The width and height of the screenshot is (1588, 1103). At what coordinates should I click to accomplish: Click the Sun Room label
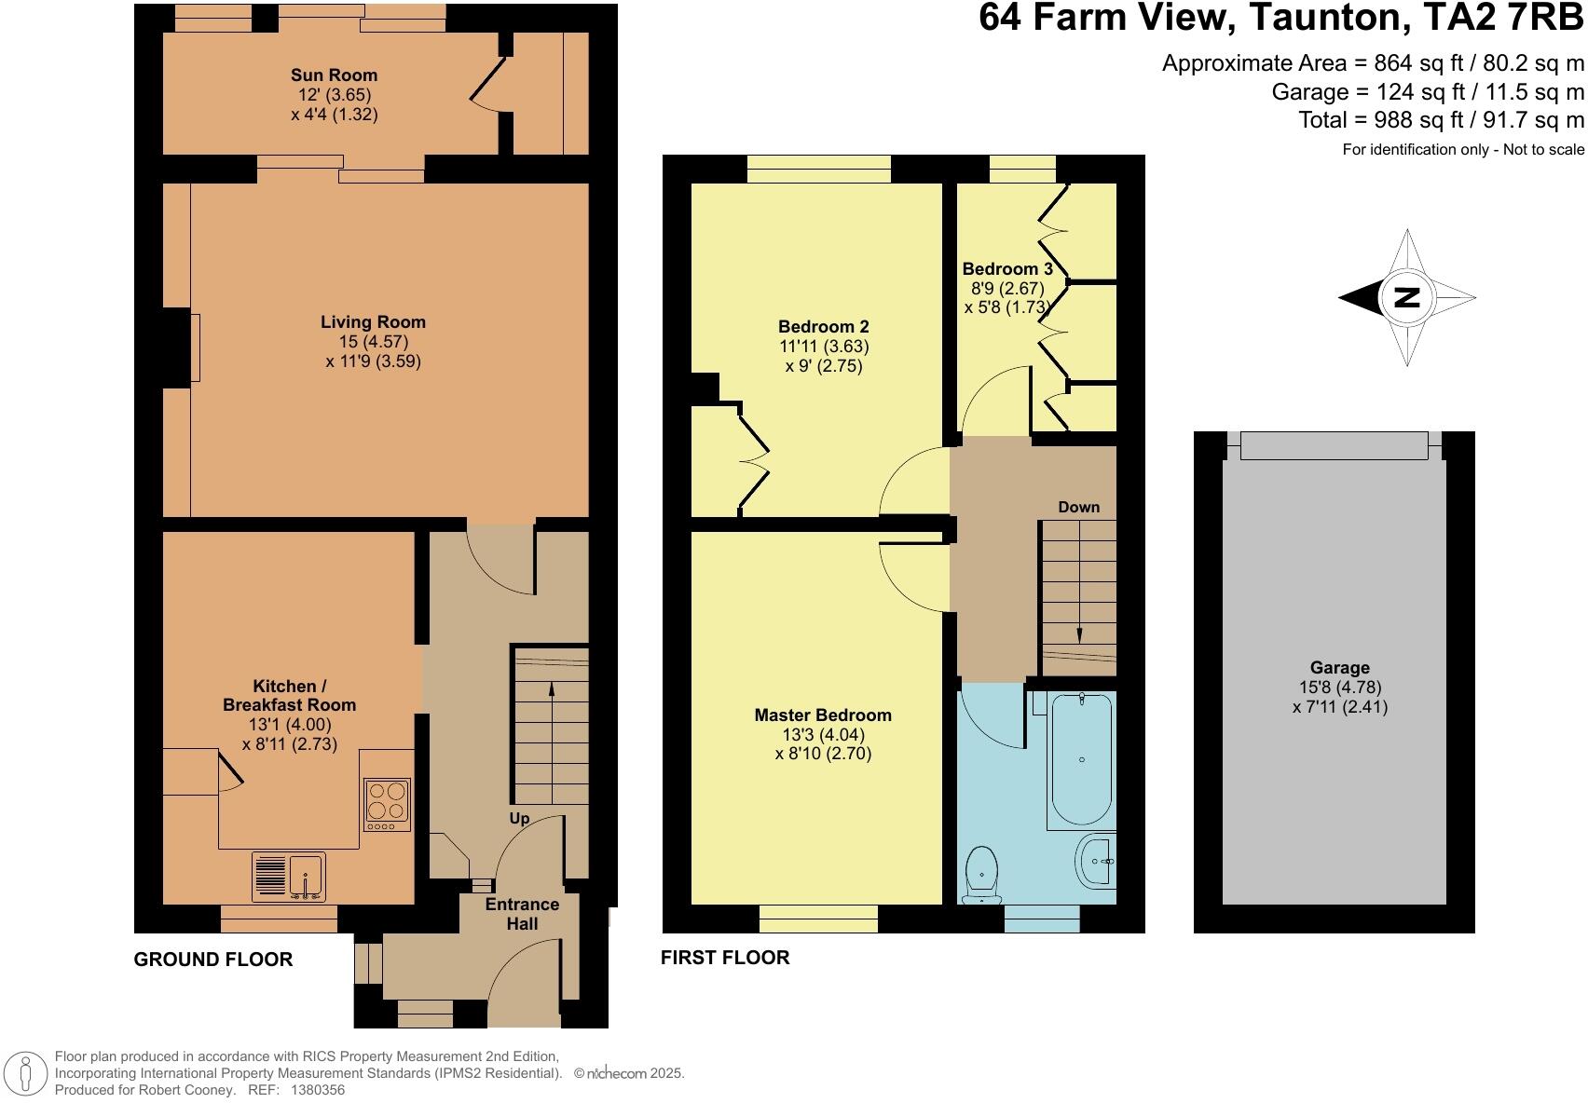pyautogui.click(x=334, y=75)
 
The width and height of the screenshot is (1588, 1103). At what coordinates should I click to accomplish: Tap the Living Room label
pyautogui.click(x=373, y=321)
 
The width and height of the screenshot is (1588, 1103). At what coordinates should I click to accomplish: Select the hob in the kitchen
pyautogui.click(x=387, y=805)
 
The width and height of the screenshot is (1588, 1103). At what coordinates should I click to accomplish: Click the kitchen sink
pyautogui.click(x=289, y=877)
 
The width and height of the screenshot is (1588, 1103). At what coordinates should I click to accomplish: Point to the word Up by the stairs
pyautogui.click(x=520, y=819)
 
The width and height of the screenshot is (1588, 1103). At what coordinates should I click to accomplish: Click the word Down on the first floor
pyautogui.click(x=1078, y=507)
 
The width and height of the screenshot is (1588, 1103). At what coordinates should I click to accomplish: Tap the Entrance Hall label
pyautogui.click(x=523, y=914)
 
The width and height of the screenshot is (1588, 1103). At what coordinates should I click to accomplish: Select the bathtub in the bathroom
pyautogui.click(x=1081, y=758)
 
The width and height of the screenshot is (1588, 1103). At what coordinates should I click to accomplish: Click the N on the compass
pyautogui.click(x=1407, y=297)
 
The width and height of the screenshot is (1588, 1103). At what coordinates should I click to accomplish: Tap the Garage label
pyautogui.click(x=1339, y=667)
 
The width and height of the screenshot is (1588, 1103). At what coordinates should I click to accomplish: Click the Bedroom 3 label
pyautogui.click(x=1006, y=268)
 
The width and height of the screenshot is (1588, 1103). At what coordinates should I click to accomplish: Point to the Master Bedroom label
pyautogui.click(x=822, y=715)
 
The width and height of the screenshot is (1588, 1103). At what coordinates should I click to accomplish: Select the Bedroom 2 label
pyautogui.click(x=823, y=327)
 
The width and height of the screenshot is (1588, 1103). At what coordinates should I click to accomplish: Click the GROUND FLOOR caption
pyautogui.click(x=213, y=960)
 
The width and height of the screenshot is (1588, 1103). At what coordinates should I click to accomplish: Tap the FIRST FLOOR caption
pyautogui.click(x=725, y=958)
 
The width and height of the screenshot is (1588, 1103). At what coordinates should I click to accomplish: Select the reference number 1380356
pyautogui.click(x=318, y=1090)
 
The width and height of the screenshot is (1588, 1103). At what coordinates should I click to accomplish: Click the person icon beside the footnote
pyautogui.click(x=26, y=1073)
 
